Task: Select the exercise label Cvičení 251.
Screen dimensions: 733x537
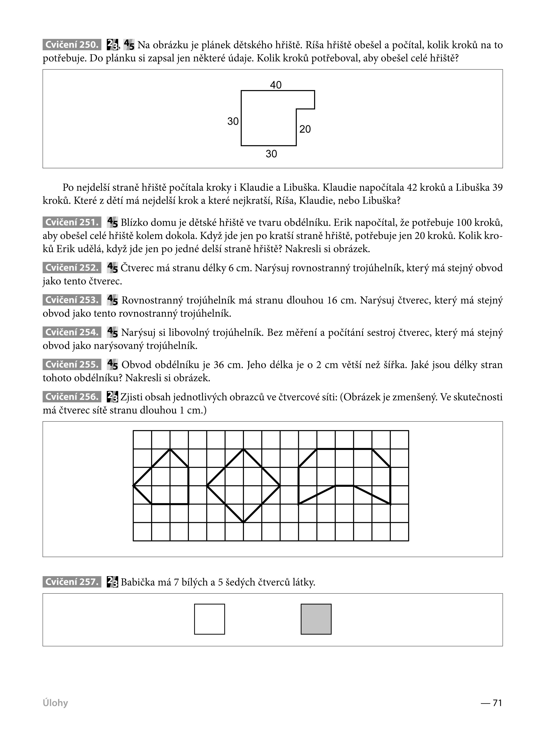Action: [71, 222]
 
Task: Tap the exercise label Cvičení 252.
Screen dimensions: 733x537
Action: [71, 268]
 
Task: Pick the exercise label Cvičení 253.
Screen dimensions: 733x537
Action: [71, 300]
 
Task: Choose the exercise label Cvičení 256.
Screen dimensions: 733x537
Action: [71, 397]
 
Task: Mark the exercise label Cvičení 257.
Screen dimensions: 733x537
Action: [71, 582]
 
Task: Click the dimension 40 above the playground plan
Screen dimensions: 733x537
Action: [276, 85]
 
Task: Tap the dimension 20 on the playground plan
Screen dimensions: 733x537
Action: [305, 129]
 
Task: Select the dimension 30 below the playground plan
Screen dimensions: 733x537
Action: [271, 154]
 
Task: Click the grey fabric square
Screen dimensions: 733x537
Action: [316, 619]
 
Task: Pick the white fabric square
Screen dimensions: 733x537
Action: [209, 619]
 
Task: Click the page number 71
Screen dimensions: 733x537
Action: [497, 703]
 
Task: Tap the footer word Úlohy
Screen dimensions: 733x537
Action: [55, 703]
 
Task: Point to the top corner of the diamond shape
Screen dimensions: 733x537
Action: [243, 449]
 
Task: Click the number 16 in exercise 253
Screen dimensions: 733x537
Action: [332, 300]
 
